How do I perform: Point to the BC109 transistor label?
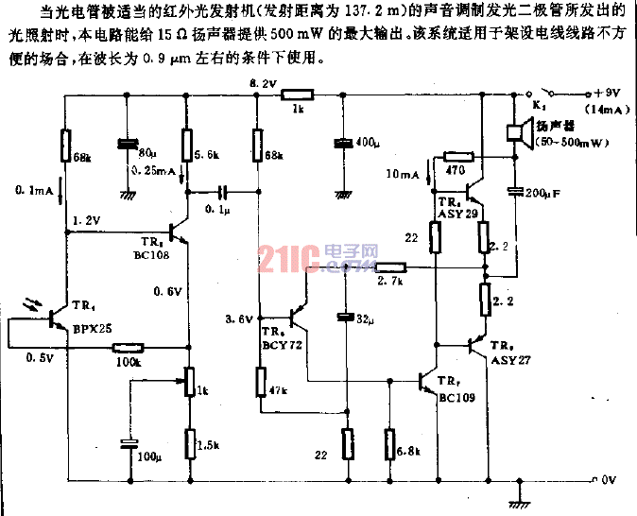pos(456,398)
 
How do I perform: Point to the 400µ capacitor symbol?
pos(345,144)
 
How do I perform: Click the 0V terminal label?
pos(609,479)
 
